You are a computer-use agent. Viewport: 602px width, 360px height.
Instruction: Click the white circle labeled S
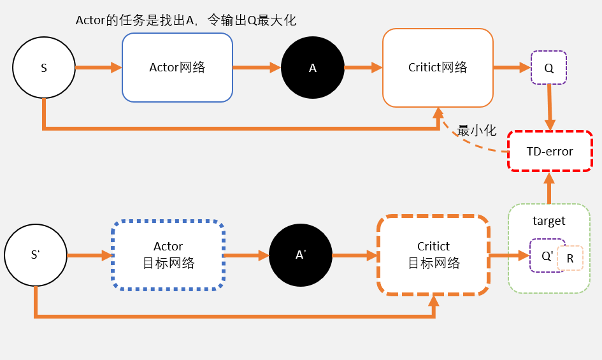click(x=43, y=68)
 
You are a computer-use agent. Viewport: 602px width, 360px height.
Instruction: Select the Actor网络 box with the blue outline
click(x=177, y=68)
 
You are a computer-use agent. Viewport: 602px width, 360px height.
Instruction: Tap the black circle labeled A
click(x=312, y=68)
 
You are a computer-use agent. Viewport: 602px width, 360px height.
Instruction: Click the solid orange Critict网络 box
click(x=438, y=68)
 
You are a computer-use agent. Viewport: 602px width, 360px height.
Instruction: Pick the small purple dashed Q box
click(x=548, y=68)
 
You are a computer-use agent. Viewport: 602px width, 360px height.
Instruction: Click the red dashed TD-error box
click(x=550, y=152)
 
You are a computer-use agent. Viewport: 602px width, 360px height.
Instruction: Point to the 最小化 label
click(x=477, y=131)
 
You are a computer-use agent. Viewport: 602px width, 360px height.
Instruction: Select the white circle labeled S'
click(x=36, y=255)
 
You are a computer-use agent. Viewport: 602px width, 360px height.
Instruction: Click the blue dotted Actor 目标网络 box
click(x=168, y=255)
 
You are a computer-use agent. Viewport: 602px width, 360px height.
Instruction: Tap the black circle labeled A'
click(x=301, y=255)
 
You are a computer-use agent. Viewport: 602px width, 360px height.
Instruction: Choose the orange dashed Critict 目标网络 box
click(x=433, y=255)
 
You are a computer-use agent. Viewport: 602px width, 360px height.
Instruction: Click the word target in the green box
click(x=548, y=221)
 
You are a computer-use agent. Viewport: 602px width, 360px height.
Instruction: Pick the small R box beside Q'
click(x=570, y=259)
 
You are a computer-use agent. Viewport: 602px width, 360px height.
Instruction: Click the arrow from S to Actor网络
click(x=98, y=67)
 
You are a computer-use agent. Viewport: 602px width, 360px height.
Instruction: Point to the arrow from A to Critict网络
click(x=362, y=67)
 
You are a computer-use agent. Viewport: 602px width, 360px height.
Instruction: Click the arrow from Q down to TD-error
click(x=549, y=108)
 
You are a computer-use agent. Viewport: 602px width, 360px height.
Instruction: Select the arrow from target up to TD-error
click(x=549, y=188)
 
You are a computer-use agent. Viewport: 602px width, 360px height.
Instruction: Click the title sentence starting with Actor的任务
click(x=186, y=20)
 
